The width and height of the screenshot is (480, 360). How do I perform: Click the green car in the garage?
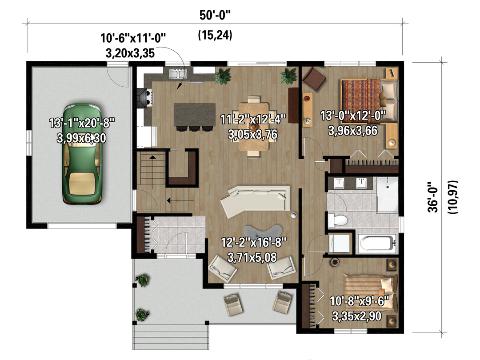(x=82, y=154)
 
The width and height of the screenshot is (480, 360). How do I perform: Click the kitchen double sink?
(x=178, y=74)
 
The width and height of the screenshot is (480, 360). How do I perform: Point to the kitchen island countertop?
(x=194, y=115)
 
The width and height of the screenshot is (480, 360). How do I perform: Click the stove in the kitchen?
(x=145, y=98)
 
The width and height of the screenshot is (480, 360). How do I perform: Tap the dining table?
(x=254, y=126)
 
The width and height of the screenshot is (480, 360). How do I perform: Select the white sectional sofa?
(x=255, y=200)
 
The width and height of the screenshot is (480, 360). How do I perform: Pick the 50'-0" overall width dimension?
(x=215, y=15)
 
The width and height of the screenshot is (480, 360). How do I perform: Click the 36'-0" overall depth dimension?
(x=433, y=197)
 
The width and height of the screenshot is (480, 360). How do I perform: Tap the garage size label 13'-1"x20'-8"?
(x=82, y=123)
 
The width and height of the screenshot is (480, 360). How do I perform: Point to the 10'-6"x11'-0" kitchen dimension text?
(x=133, y=38)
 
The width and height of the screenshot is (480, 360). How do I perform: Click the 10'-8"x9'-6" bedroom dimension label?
(x=360, y=301)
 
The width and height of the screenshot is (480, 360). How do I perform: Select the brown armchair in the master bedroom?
(x=314, y=79)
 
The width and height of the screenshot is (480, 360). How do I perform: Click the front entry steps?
(x=171, y=337)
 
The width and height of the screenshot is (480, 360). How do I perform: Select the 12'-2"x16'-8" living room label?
(x=254, y=243)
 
